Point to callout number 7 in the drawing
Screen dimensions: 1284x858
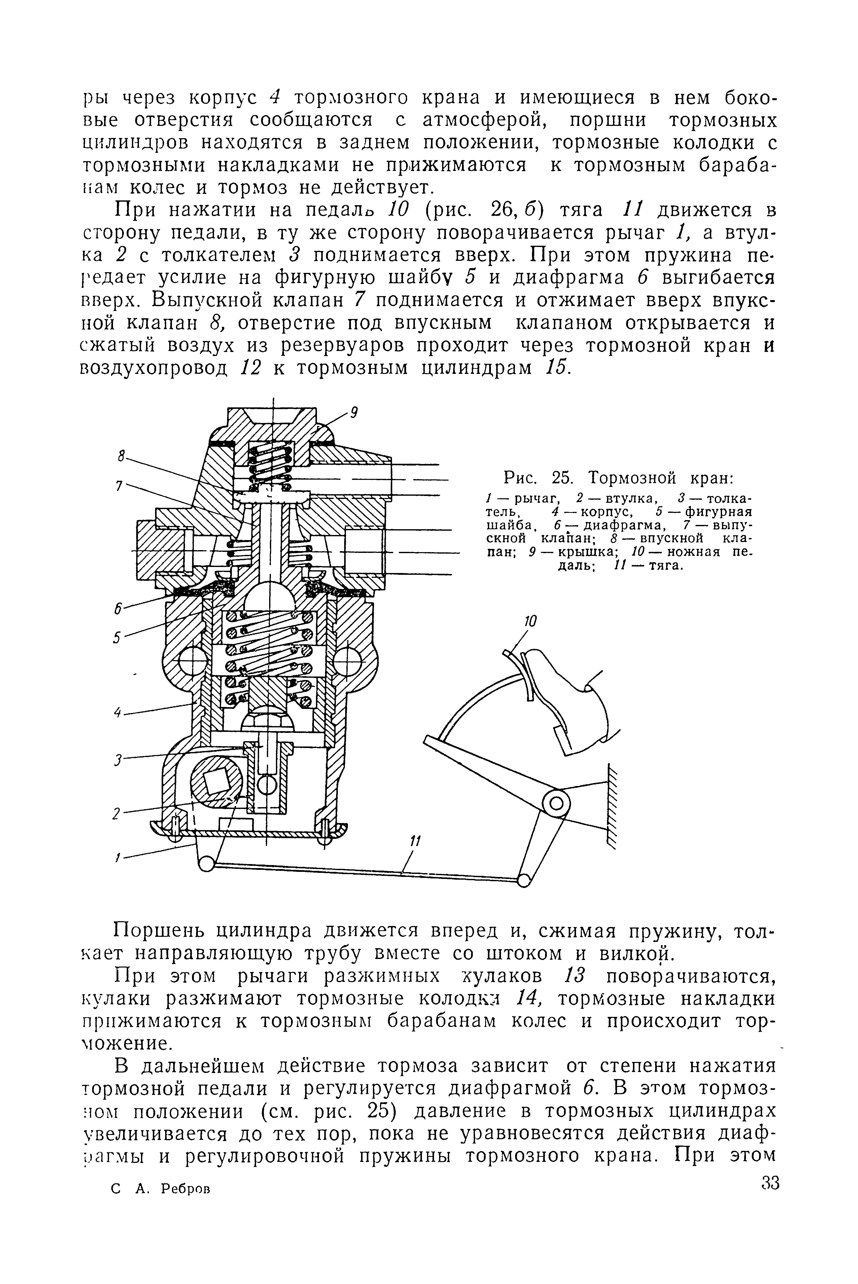pyautogui.click(x=119, y=485)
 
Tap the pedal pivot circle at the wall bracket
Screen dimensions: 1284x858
pyautogui.click(x=556, y=804)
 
